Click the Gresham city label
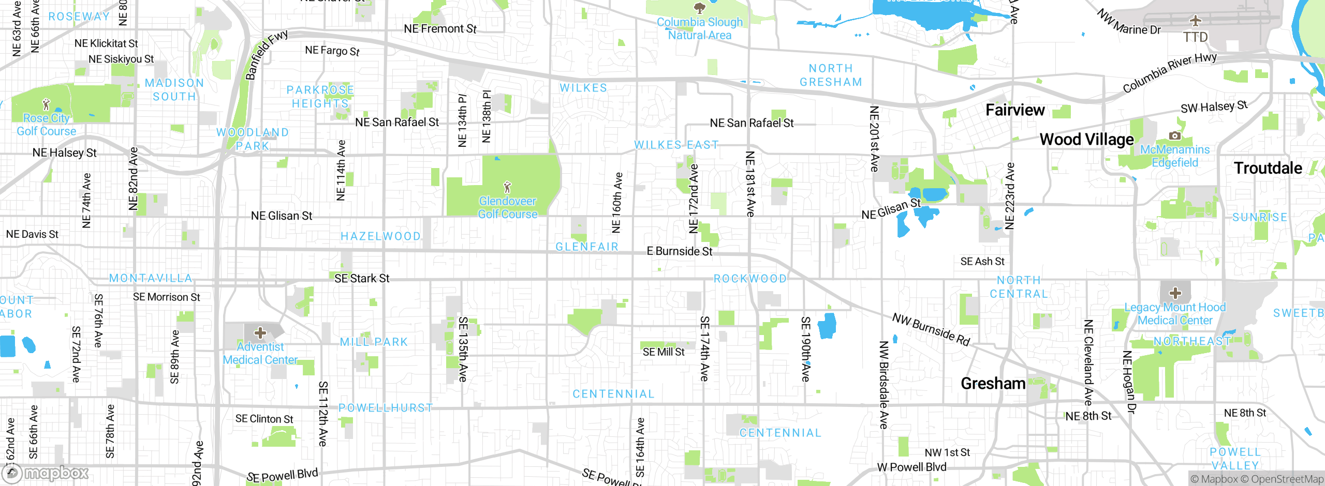[x=993, y=384]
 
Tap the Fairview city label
[x=1014, y=110]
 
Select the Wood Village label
[x=1086, y=140]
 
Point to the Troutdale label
[x=1268, y=168]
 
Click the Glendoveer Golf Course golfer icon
[x=507, y=187]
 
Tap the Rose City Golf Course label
[x=46, y=125]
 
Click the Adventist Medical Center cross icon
[x=260, y=332]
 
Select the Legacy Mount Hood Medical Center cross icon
[x=1175, y=293]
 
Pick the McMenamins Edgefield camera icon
[x=1175, y=135]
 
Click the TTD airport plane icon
[x=1195, y=21]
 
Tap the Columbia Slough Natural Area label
[x=699, y=29]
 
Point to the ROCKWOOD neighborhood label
[x=750, y=279]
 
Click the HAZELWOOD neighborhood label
[x=380, y=236]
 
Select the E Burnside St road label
[x=679, y=251]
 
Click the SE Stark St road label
[x=361, y=278]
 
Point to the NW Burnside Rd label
[x=931, y=329]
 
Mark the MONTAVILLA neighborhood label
[x=151, y=278]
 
